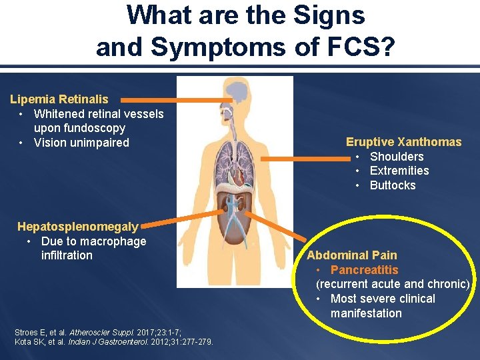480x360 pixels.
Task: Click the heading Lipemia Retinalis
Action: [59, 99]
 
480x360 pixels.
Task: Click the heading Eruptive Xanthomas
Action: [403, 142]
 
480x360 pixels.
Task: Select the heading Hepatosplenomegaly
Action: [78, 227]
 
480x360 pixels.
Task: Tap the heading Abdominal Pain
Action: [351, 255]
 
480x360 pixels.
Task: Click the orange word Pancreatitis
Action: [364, 270]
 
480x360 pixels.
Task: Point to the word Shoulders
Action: [397, 157]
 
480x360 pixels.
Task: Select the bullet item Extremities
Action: [399, 171]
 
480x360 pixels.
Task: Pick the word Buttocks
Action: [393, 185]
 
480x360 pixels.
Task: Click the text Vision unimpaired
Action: [81, 143]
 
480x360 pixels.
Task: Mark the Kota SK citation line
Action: [113, 342]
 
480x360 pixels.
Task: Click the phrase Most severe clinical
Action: [383, 299]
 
